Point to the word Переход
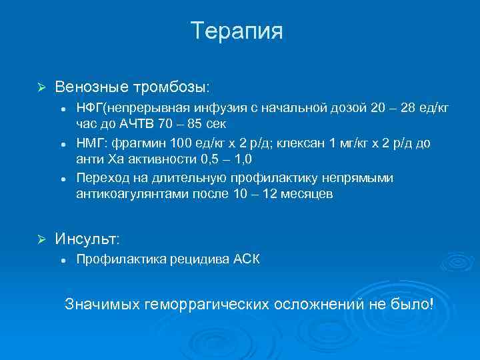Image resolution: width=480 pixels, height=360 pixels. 101,177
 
